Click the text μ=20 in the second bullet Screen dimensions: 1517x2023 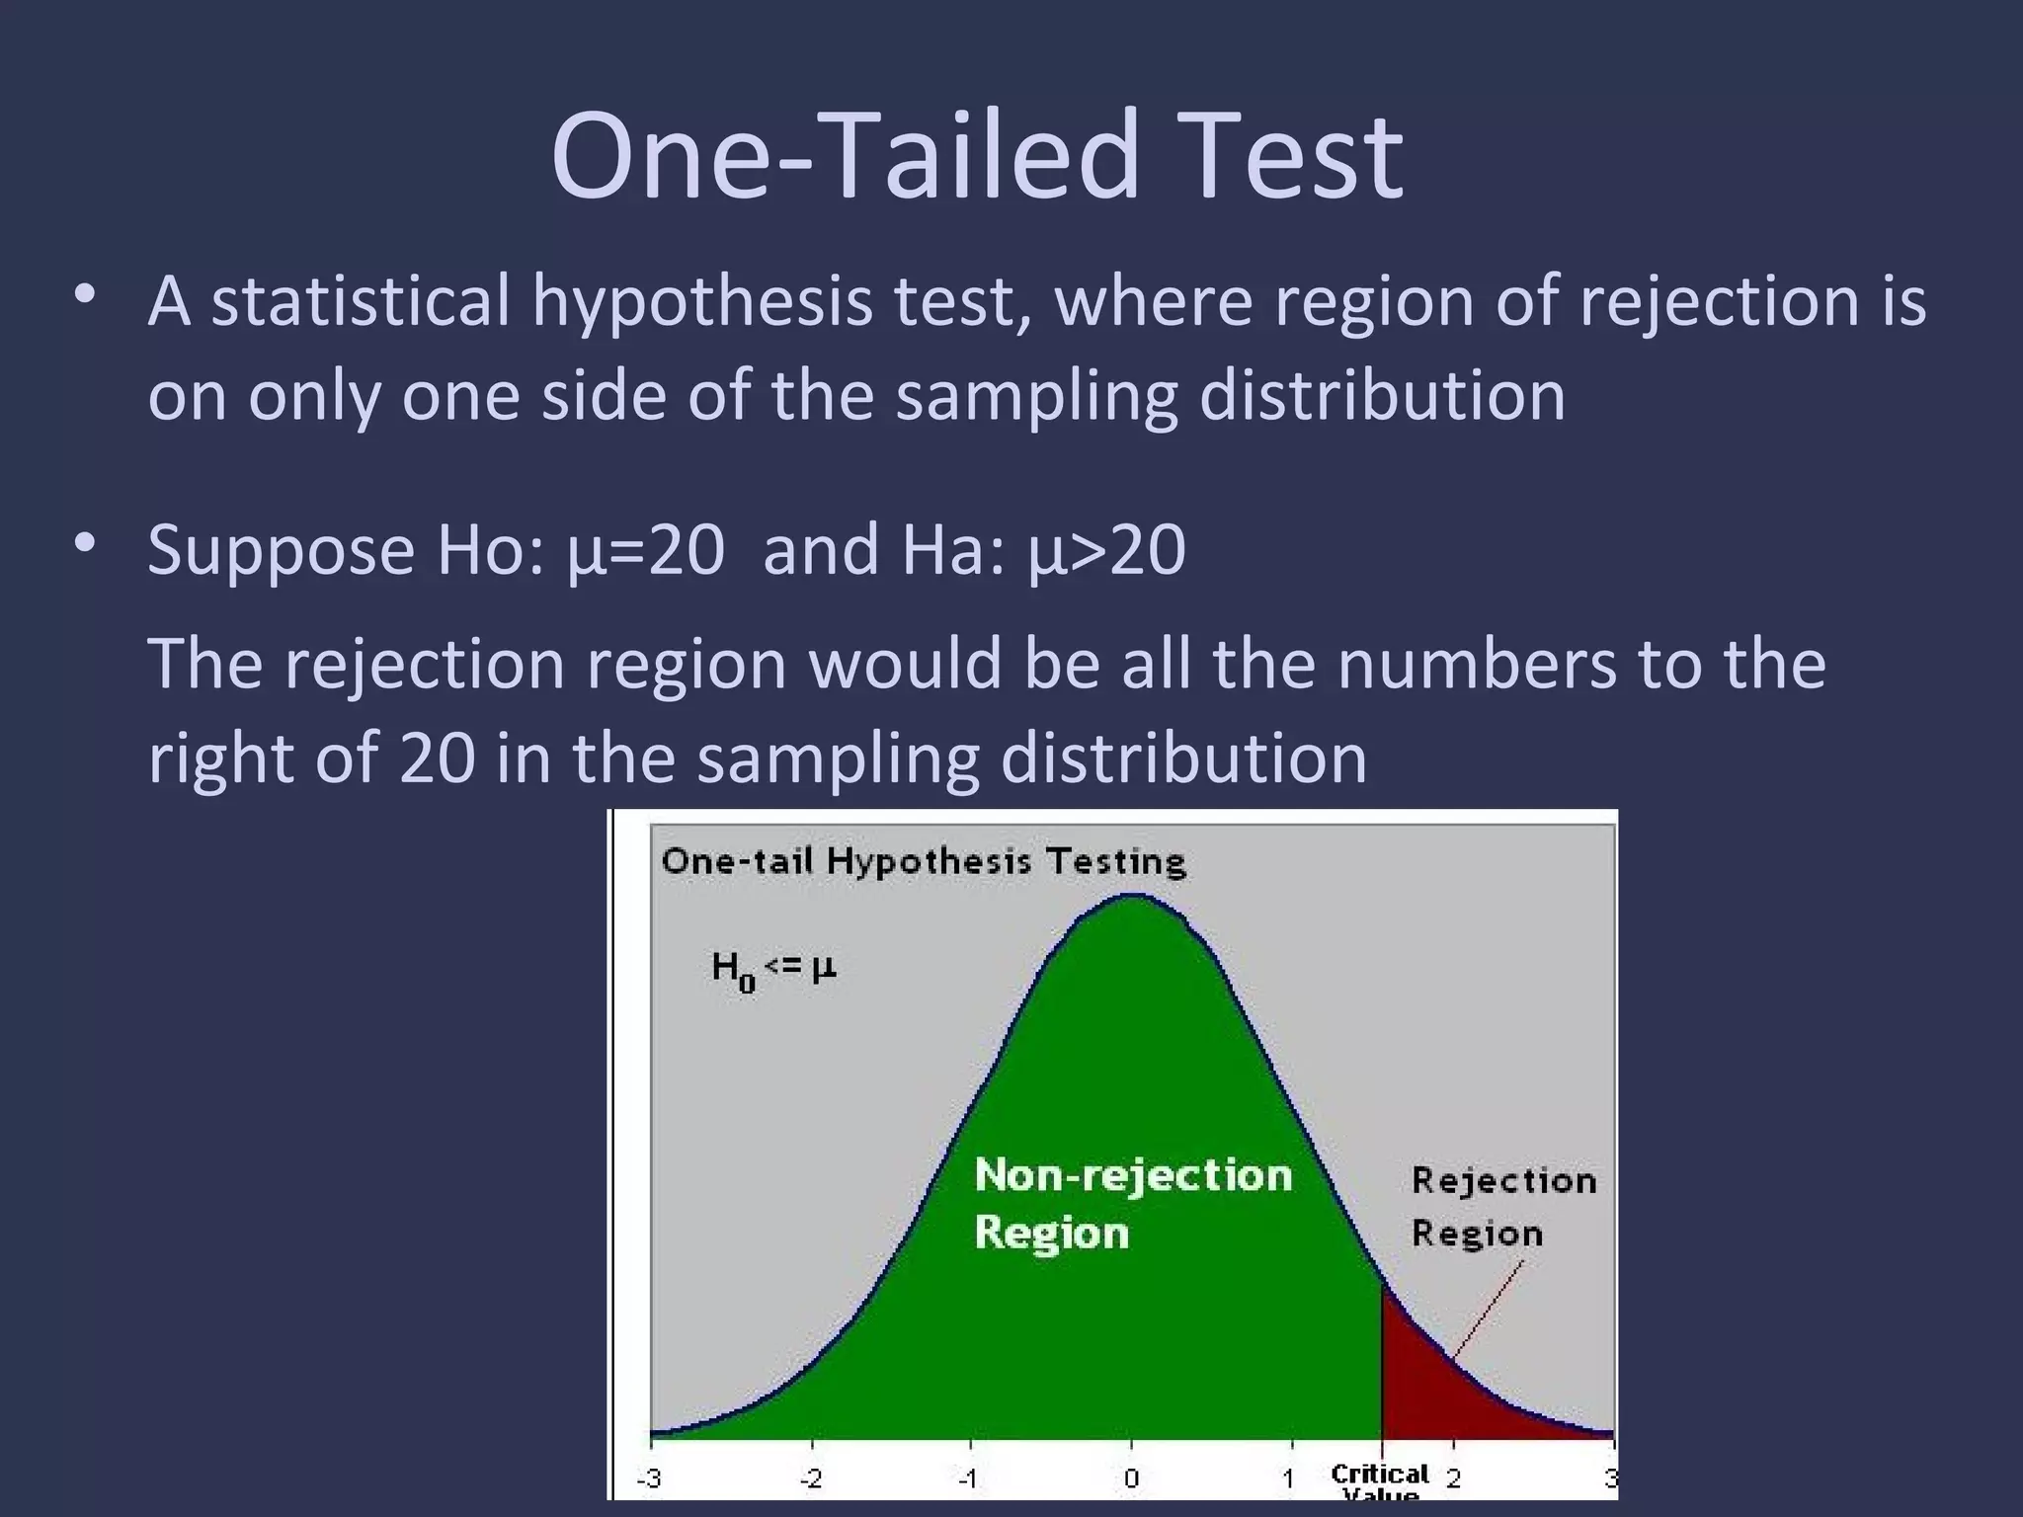pos(647,549)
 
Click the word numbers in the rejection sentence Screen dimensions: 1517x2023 pos(1477,664)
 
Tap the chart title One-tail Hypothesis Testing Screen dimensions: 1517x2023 pos(923,861)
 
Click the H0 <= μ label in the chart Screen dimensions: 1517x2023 pos(773,970)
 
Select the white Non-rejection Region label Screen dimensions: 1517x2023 pos(1132,1203)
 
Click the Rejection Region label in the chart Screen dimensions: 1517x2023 pos(1502,1206)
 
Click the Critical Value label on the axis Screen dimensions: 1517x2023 pos(1380,1478)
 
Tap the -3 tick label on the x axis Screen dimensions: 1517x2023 pos(649,1478)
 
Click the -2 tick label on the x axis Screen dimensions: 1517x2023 pos(811,1478)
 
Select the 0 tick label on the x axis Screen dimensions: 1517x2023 pos(1131,1478)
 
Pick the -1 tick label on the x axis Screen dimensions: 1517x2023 pos(969,1478)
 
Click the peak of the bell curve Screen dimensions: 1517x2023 pos(1134,897)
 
